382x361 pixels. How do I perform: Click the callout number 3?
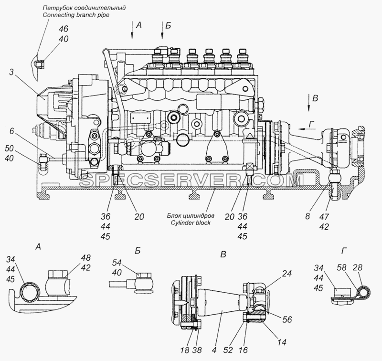[x=11, y=73]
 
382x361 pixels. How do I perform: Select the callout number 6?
[x=11, y=131]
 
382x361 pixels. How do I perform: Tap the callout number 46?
[x=64, y=29]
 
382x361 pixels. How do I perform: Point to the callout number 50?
[x=9, y=149]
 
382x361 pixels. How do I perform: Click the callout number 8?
[x=308, y=216]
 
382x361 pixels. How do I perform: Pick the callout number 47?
[x=325, y=216]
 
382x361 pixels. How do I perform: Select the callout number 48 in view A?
[x=85, y=258]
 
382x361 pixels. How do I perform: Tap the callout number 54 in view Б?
[x=117, y=263]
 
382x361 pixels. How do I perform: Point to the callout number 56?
[x=287, y=319]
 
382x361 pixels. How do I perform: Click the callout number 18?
[x=184, y=350]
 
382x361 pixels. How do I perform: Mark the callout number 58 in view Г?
[x=341, y=268]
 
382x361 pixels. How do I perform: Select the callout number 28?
[x=357, y=268]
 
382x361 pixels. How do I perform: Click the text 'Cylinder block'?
[x=190, y=223]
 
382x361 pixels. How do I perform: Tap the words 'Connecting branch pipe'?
[x=76, y=15]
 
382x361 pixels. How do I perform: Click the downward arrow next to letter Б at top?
[x=162, y=30]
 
